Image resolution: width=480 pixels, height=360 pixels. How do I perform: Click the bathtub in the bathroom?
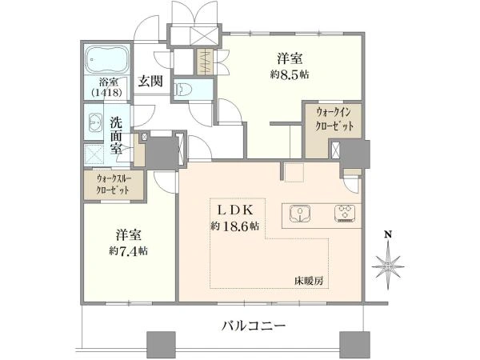[107, 61]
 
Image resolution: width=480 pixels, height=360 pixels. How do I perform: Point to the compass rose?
[388, 263]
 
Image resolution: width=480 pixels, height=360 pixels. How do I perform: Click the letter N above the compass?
[388, 234]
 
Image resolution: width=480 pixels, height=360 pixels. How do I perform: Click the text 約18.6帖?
[234, 226]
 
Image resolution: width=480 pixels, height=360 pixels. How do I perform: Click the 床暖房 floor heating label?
[307, 281]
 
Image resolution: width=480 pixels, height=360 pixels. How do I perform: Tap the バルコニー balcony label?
[254, 326]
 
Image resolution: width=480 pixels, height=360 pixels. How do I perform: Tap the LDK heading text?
[234, 210]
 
